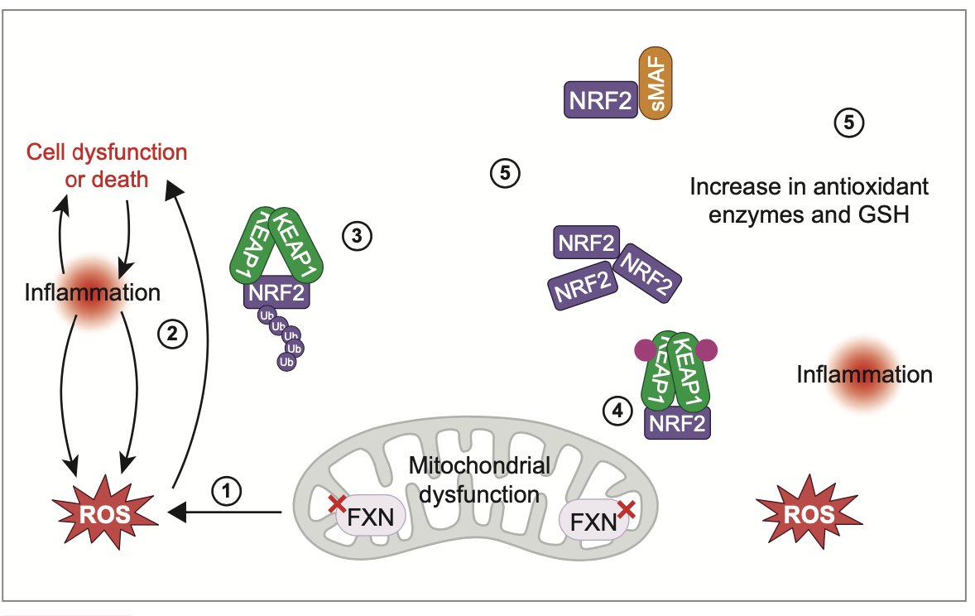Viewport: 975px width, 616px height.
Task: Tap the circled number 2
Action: coord(172,334)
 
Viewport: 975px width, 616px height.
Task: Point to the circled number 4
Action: coord(616,409)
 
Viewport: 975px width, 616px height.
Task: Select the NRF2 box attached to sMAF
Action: coord(601,100)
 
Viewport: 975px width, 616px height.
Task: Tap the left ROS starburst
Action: coord(104,514)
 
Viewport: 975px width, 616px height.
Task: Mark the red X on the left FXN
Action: coord(337,503)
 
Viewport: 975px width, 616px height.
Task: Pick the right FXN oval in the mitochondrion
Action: coord(593,522)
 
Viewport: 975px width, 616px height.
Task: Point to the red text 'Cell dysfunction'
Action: coord(107,153)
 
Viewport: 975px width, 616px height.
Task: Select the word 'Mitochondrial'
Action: coord(480,466)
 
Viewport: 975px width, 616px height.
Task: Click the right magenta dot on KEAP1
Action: coord(705,351)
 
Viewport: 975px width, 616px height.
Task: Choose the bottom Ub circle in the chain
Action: coord(287,362)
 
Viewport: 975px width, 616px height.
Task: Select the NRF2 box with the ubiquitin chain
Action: coord(273,293)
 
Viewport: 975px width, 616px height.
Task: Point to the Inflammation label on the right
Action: coord(863,374)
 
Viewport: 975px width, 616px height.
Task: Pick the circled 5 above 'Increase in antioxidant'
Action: coord(848,123)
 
